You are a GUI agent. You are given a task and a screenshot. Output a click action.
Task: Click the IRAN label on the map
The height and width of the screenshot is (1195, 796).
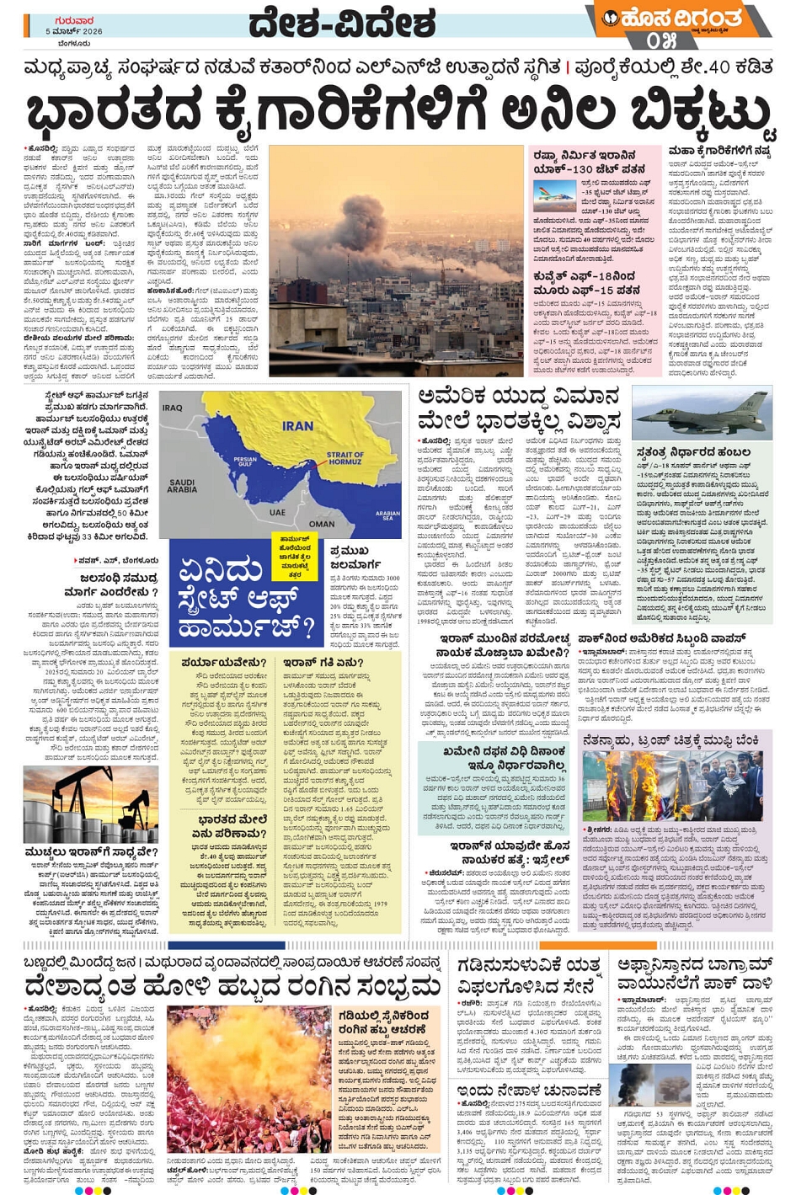(x=297, y=425)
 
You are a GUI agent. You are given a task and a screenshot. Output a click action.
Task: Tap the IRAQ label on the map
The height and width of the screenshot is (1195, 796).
(x=173, y=408)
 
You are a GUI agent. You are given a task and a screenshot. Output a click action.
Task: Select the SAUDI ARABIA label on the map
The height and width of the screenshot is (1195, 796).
(x=182, y=487)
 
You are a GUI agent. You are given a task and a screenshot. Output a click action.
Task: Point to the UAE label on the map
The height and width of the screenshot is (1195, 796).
(x=277, y=511)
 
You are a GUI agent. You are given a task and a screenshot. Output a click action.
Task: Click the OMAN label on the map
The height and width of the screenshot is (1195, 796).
(x=322, y=523)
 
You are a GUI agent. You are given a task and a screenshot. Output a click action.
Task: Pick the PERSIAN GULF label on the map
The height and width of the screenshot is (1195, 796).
(x=245, y=461)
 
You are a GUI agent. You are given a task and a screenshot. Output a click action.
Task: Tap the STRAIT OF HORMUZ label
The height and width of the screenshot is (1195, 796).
(x=345, y=458)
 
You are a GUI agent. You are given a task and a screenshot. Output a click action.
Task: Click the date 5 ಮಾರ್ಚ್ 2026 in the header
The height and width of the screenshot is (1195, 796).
(x=75, y=31)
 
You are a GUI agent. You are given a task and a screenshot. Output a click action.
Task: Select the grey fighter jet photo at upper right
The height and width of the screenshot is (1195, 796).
(x=701, y=413)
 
